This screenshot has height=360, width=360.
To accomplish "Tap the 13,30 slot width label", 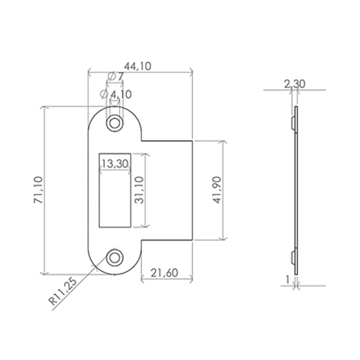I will click(115, 163).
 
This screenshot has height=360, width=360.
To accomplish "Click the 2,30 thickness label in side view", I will click(295, 83).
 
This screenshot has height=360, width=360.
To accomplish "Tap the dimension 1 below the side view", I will click(287, 279).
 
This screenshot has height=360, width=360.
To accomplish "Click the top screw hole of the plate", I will click(115, 122).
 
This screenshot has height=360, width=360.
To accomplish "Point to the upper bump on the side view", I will click(291, 122).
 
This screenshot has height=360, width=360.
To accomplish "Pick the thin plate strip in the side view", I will click(296, 190).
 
